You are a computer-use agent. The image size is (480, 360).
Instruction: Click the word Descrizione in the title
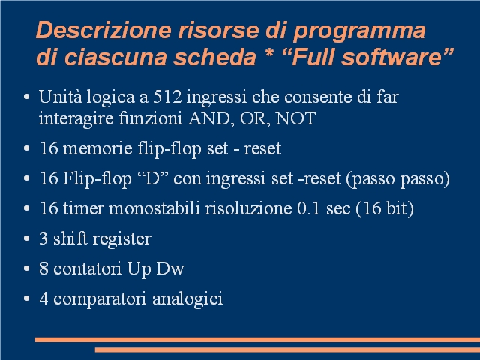[103, 30]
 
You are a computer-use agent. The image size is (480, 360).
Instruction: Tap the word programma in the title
[359, 31]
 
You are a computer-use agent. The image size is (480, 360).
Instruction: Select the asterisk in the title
[269, 53]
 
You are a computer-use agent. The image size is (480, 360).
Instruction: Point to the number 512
[167, 97]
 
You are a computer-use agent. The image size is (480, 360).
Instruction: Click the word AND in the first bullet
[209, 118]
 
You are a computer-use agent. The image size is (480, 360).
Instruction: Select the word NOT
[295, 118]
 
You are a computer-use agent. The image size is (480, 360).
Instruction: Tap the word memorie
[97, 148]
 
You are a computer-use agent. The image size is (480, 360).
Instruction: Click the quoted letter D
[153, 178]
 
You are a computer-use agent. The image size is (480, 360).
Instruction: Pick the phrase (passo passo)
[398, 179]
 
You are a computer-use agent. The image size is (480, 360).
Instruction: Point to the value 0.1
[308, 208]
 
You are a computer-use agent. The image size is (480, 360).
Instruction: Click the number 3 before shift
[43, 238]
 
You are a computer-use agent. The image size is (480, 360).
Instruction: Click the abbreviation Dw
[170, 268]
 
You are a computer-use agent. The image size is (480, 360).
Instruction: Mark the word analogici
[187, 298]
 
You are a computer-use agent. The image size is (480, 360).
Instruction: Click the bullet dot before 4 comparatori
[27, 298]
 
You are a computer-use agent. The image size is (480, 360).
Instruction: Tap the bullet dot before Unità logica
[27, 97]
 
